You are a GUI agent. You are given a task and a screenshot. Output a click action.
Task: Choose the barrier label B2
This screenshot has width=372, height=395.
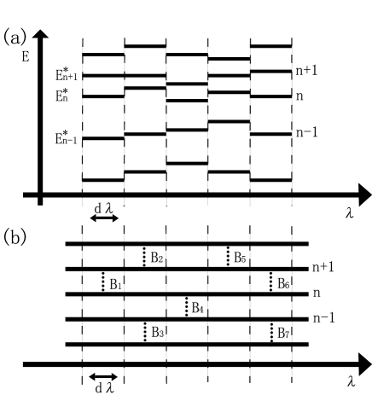click(x=157, y=257)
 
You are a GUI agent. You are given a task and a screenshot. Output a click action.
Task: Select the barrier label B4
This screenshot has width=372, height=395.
click(x=199, y=307)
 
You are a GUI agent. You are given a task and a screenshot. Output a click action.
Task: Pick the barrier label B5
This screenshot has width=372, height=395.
click(x=241, y=257)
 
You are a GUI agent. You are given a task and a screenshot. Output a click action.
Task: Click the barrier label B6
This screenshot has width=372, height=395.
click(x=284, y=283)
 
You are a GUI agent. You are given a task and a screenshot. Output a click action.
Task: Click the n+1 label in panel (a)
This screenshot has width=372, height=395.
click(x=313, y=75)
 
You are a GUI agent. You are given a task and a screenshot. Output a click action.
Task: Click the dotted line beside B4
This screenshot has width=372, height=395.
click(x=187, y=307)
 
